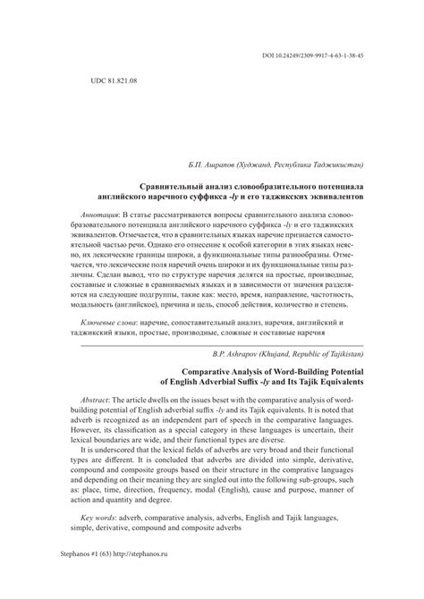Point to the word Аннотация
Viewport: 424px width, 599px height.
click(x=98, y=216)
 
